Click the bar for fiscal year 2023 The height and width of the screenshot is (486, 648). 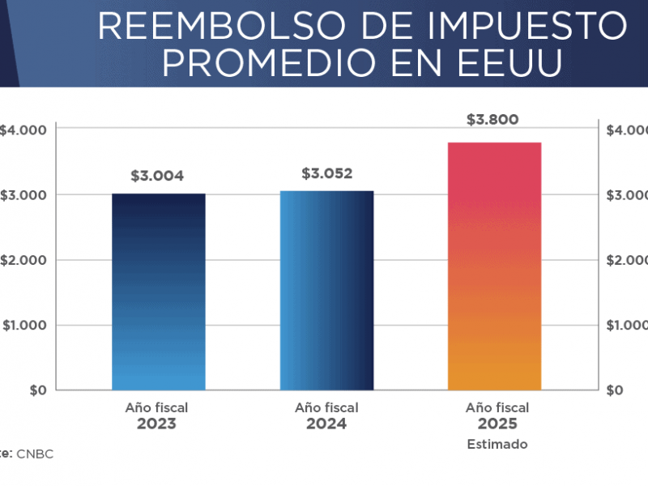point(158,292)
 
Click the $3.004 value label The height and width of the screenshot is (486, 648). point(157,176)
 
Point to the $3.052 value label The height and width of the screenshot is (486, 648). point(327,173)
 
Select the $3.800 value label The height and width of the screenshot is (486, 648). point(492,120)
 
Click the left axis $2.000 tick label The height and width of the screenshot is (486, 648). point(23,260)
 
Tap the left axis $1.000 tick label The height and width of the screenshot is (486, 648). point(23,325)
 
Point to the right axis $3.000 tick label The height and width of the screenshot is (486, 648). point(627,195)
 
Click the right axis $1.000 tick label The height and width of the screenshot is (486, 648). point(627,325)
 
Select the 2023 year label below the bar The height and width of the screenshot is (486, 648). point(156,424)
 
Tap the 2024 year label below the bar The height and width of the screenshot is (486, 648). point(326,424)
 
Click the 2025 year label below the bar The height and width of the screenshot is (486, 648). point(497,424)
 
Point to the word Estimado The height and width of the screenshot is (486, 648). point(497,444)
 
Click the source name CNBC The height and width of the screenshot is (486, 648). point(35,454)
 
